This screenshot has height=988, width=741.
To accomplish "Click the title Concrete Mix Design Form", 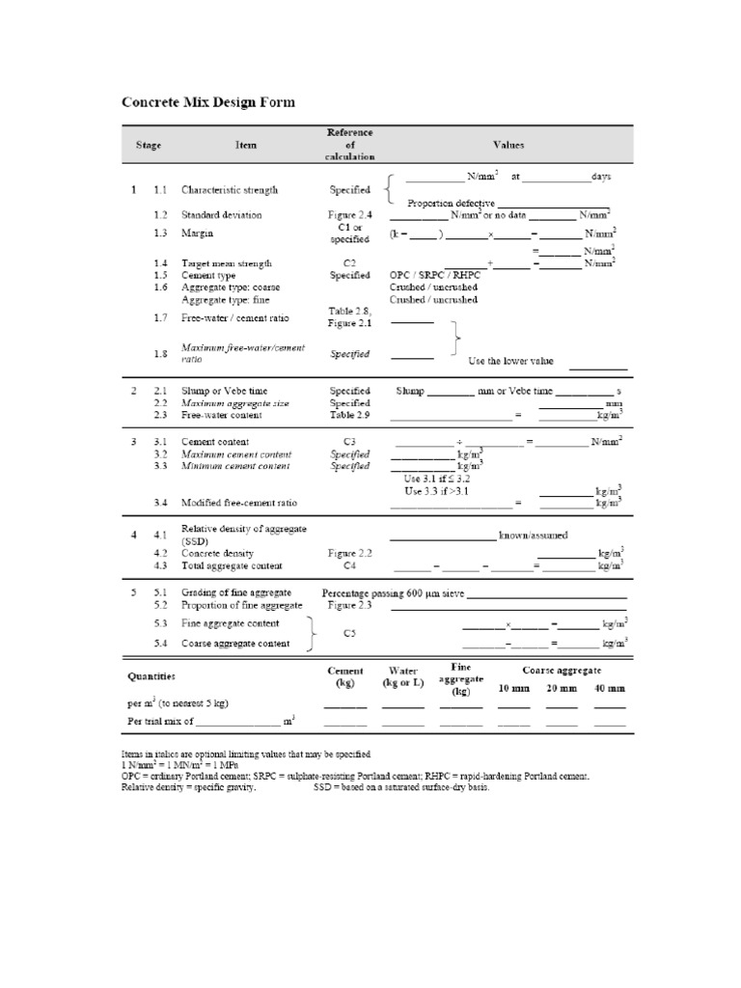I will pyautogui.click(x=207, y=101).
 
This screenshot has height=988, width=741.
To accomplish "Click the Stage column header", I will pyautogui.click(x=148, y=145).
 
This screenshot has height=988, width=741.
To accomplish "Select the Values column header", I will pyautogui.click(x=508, y=145).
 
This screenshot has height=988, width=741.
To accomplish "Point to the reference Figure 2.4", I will pyautogui.click(x=348, y=214).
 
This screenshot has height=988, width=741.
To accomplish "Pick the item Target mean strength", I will pyautogui.click(x=227, y=262).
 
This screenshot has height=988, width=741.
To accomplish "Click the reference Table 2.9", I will pyautogui.click(x=348, y=414).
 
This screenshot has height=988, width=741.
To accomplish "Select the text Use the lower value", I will pyautogui.click(x=510, y=360).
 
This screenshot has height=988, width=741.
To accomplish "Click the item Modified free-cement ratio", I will pyautogui.click(x=239, y=503).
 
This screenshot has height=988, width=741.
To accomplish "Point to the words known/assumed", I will pyautogui.click(x=533, y=535).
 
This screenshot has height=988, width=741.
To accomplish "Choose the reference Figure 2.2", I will pyautogui.click(x=348, y=554).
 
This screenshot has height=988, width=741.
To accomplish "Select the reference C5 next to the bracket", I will pyautogui.click(x=349, y=633).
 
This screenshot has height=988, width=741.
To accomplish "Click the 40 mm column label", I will pyautogui.click(x=610, y=688).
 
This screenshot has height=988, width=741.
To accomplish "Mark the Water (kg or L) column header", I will pyautogui.click(x=402, y=676).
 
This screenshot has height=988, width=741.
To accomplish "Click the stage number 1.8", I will pyautogui.click(x=160, y=353).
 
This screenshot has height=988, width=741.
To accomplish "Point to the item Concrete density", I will pyautogui.click(x=218, y=554).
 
